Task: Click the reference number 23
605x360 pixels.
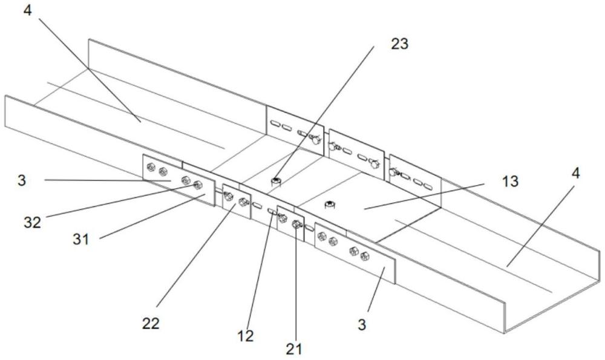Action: click(400, 44)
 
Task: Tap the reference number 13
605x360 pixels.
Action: click(511, 182)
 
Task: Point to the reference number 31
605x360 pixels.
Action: click(80, 240)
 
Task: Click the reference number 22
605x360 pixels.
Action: click(151, 323)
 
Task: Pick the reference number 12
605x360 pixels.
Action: click(246, 336)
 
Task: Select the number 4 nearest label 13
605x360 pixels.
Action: click(576, 173)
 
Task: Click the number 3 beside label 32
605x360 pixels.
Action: click(22, 180)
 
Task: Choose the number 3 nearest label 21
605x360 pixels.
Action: click(362, 326)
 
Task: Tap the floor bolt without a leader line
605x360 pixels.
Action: click(330, 204)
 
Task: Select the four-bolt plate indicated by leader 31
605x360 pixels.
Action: click(178, 180)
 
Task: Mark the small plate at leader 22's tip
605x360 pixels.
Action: click(236, 200)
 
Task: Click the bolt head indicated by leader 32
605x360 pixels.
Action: click(197, 185)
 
